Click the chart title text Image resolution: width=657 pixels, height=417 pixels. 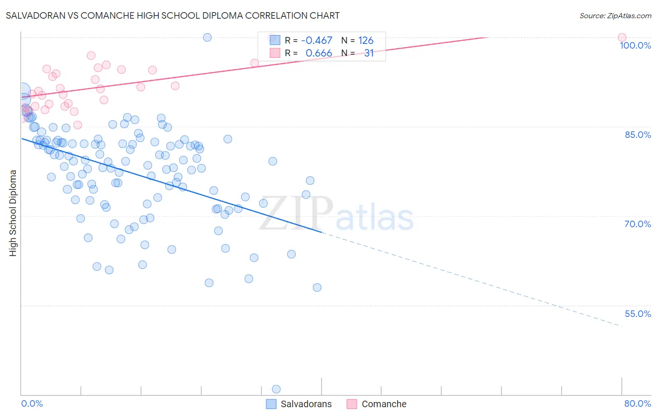point(172,15)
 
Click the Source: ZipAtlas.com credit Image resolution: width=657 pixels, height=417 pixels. point(615,15)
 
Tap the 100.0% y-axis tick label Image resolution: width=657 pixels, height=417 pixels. point(635,45)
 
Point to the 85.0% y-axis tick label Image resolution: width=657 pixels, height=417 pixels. point(637,135)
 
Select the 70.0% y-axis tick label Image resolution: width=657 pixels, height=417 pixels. point(637,224)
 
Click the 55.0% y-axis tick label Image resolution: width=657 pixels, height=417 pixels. point(637,314)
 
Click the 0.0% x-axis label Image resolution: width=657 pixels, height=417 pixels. point(32,403)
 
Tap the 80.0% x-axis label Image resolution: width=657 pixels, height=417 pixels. point(637,403)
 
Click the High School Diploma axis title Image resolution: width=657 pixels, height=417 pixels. point(13,213)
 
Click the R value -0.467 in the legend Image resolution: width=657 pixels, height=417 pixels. point(316,41)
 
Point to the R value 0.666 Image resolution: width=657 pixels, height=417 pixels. point(319,53)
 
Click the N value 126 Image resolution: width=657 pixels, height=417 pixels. point(366,41)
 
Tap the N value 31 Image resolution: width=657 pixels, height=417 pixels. point(369,53)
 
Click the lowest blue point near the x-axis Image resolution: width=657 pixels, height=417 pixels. point(276,389)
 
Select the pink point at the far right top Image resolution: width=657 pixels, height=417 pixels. point(621,37)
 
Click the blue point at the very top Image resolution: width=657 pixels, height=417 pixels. point(207,37)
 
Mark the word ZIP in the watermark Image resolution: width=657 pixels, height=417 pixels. point(296,213)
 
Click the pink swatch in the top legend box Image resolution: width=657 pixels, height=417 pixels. point(275,53)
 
